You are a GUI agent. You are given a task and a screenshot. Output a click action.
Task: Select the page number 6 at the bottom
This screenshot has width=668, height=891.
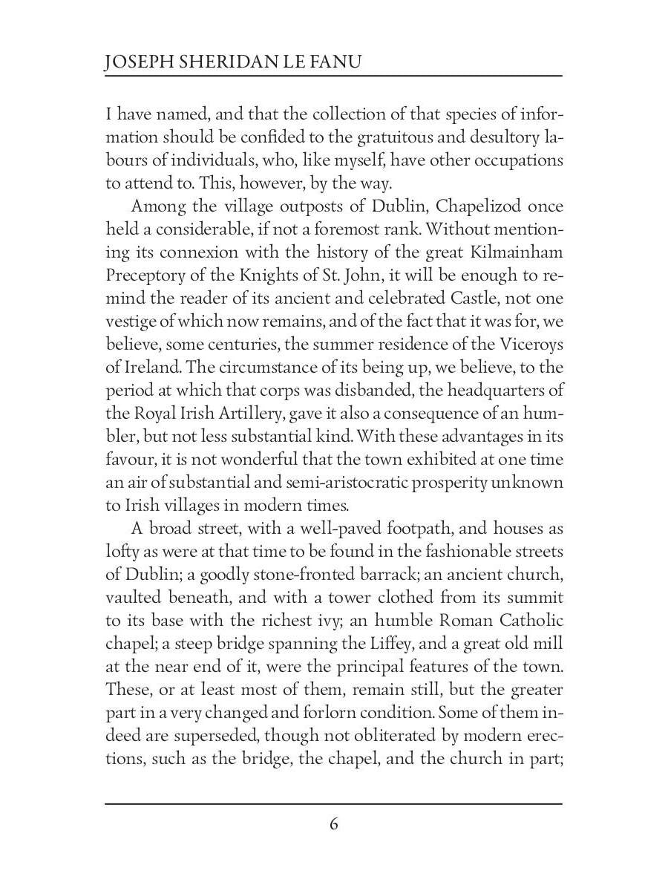pos(334,824)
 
